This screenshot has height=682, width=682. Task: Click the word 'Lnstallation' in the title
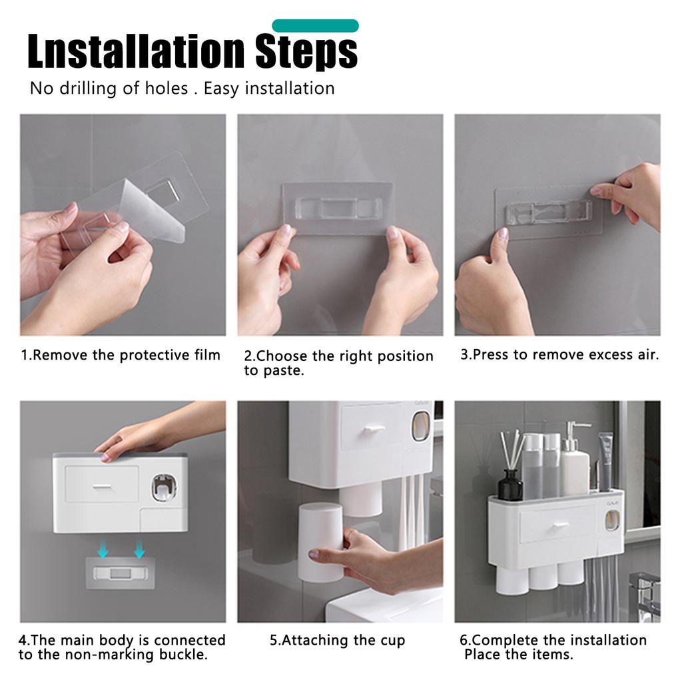[136, 51]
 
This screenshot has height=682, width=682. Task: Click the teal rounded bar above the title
[315, 26]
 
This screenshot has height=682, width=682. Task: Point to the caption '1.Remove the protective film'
[121, 355]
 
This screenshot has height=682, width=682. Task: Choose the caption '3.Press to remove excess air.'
[559, 354]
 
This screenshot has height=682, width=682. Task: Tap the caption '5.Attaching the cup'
[338, 640]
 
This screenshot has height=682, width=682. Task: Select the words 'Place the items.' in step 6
[518, 654]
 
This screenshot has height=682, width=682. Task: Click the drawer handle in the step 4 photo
[103, 487]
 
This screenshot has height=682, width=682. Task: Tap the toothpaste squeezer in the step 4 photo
[165, 488]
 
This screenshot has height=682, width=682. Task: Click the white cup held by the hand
[320, 541]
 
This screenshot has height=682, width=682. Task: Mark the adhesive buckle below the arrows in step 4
[120, 573]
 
